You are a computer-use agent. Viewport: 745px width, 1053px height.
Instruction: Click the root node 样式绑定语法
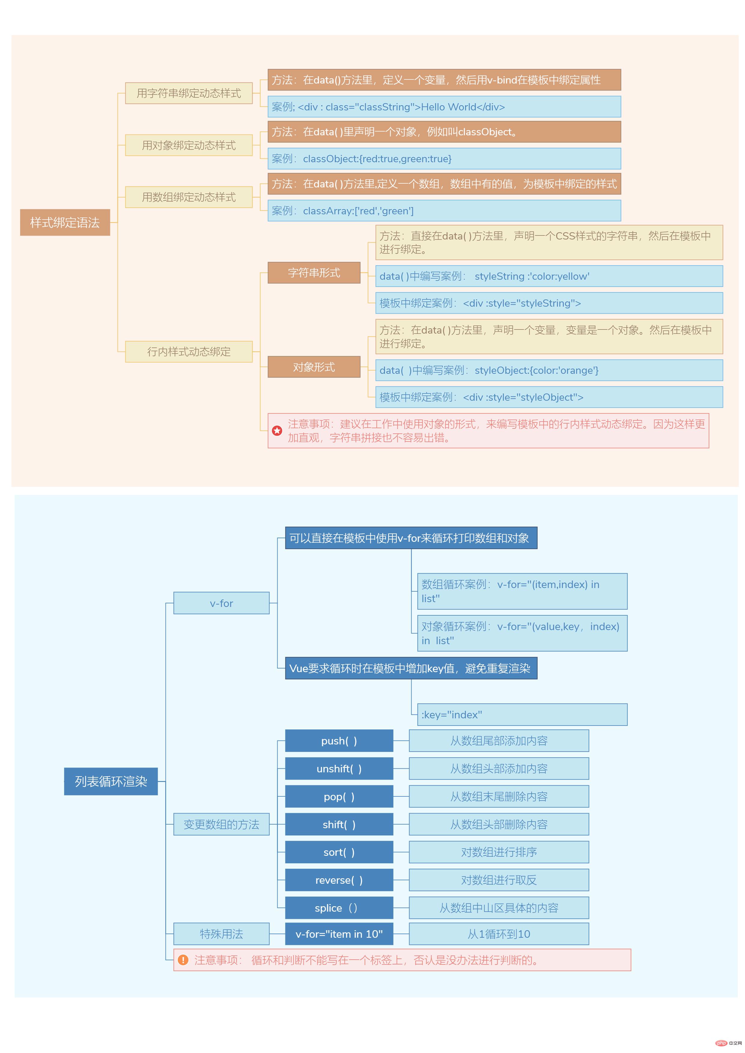[65, 222]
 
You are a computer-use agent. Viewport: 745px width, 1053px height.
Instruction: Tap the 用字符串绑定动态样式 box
[189, 93]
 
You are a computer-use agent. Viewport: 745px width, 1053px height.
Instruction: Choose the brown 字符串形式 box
[314, 273]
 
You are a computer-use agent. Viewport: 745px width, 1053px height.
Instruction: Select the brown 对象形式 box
[314, 367]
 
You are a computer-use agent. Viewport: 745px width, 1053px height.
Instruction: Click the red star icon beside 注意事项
[277, 431]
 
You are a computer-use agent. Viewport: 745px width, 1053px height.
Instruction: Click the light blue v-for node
[221, 603]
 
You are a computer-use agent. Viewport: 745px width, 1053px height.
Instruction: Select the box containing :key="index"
[522, 714]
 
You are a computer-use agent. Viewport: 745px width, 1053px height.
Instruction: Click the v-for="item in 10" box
[339, 934]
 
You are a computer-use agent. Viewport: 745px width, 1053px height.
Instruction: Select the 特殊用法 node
[221, 934]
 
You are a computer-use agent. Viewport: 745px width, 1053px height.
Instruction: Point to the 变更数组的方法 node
[221, 824]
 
